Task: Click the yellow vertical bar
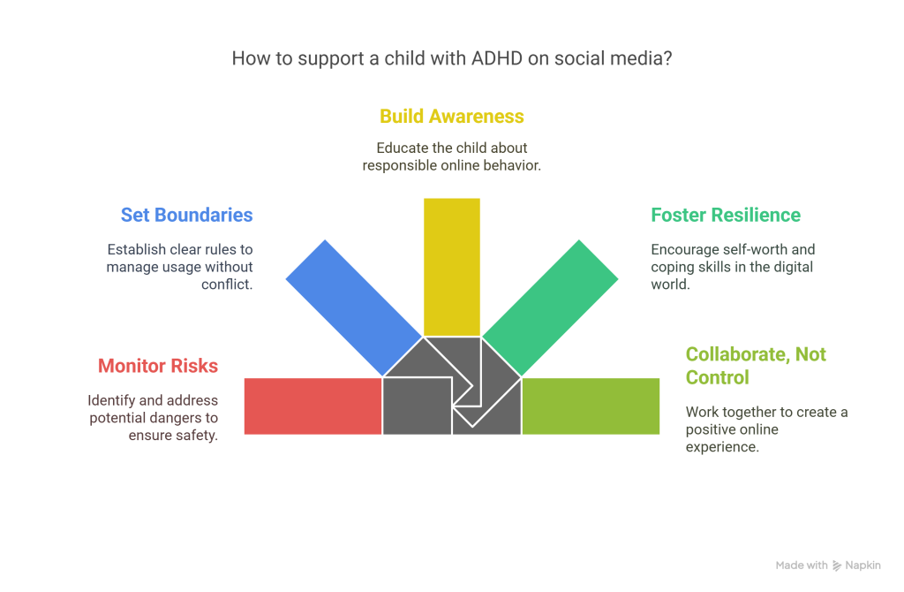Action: [452, 265]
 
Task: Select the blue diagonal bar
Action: [353, 305]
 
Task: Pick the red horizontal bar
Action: [313, 406]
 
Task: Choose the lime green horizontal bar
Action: [591, 406]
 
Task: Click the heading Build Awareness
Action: [452, 117]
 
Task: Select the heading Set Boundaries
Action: [186, 215]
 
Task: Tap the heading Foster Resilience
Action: [726, 215]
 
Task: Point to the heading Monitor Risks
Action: [158, 365]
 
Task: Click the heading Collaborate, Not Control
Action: [756, 365]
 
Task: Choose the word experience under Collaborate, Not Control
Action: [722, 447]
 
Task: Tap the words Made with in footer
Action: [802, 565]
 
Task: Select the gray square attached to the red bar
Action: [417, 406]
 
